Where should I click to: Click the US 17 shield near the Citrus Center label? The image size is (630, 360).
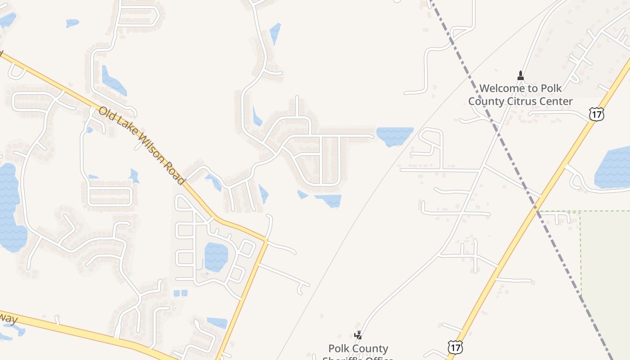click(596, 114)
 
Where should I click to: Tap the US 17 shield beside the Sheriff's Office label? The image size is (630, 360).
click(455, 347)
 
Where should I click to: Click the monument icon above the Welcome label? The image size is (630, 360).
click(521, 76)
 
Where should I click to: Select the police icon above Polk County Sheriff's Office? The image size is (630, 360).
click(358, 335)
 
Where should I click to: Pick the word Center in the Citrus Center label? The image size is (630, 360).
click(556, 101)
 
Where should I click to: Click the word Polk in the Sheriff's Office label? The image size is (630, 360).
click(338, 349)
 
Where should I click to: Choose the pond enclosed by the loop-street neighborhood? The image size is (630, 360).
click(216, 256)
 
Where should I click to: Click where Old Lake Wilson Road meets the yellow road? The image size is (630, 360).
click(266, 241)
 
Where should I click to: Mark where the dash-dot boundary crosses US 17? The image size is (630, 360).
click(537, 209)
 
